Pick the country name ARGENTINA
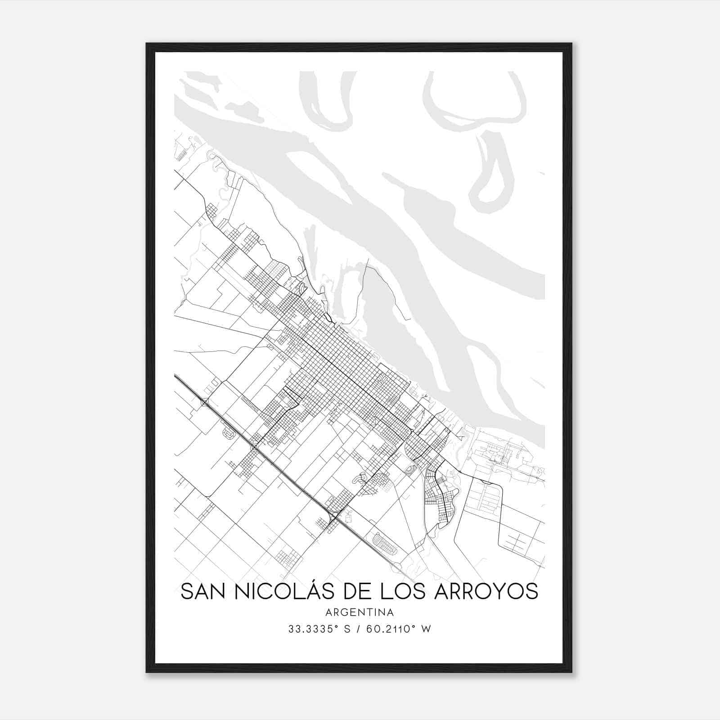360,612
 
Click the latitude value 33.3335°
310,629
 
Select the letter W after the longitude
427,629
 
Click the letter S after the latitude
346,629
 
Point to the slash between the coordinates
359,629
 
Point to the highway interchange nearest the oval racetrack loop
333,517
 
